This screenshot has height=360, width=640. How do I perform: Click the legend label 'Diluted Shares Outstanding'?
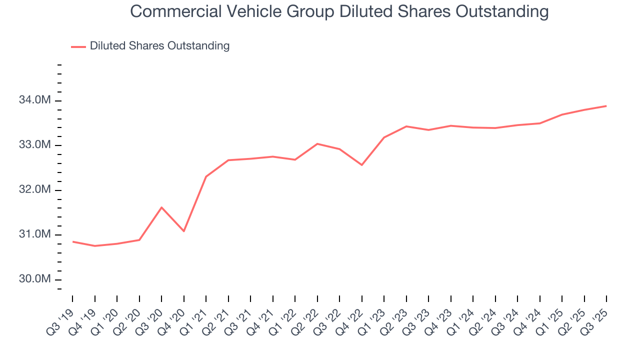[x=159, y=46]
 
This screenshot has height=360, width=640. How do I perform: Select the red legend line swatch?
[x=78, y=46]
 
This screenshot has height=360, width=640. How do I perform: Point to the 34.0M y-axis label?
[x=34, y=100]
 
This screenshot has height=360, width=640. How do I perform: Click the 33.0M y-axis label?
[x=34, y=145]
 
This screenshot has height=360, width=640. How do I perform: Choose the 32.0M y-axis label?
[x=34, y=190]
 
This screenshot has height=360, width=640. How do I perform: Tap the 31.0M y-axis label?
[x=34, y=234]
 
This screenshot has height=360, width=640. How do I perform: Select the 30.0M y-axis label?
[x=34, y=279]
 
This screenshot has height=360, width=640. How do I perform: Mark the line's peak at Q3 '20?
[x=161, y=207]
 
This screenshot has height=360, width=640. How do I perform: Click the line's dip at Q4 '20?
[x=184, y=231]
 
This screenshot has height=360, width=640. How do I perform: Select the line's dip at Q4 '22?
[x=361, y=165]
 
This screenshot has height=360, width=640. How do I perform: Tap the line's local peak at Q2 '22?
[x=317, y=143]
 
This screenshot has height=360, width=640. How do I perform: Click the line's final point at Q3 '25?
[x=606, y=106]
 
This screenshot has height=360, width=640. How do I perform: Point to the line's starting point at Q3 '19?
[x=73, y=241]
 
